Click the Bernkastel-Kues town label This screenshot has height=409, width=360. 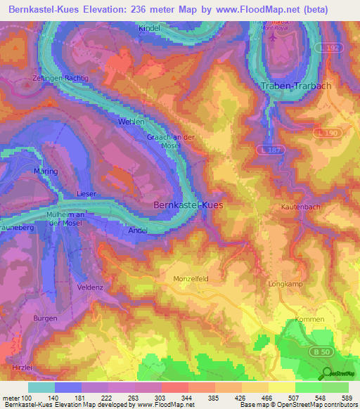pyautogui.click(x=189, y=204)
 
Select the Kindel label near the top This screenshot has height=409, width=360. pyautogui.click(x=150, y=28)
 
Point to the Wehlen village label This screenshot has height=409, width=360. pyautogui.click(x=131, y=122)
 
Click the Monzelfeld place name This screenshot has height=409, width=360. pyautogui.click(x=191, y=279)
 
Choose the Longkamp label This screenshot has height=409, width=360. pyautogui.click(x=285, y=285)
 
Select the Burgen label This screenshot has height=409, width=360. pyautogui.click(x=46, y=318)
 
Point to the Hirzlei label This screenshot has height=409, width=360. pyautogui.click(x=22, y=368)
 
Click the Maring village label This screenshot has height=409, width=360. pyautogui.click(x=46, y=171)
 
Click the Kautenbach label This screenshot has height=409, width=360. pyautogui.click(x=297, y=207)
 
